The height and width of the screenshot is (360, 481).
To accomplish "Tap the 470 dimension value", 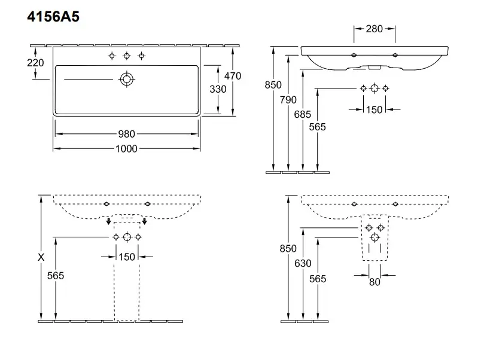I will point(232,76).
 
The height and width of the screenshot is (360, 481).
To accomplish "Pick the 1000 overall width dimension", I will point(126,148).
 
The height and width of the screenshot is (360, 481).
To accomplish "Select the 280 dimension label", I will point(374,28).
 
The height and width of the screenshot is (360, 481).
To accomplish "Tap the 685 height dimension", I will point(303,114).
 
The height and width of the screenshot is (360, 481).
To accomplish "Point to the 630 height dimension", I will point(303,263).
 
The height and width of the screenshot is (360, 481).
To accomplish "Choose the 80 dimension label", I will point(375,282).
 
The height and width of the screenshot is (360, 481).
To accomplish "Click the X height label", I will point(41,258).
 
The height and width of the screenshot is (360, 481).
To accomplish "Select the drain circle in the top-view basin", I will point(126,78).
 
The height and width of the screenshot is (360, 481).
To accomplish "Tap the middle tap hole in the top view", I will point(126,56).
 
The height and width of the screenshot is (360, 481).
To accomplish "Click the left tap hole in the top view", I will point(112,56).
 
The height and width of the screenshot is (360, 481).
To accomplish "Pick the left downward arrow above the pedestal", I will point(108,222).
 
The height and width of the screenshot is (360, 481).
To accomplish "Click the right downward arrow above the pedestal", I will point(144,222).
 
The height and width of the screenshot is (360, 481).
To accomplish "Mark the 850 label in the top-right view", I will point(273,85).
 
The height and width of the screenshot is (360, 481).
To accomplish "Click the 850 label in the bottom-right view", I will point(288,249).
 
